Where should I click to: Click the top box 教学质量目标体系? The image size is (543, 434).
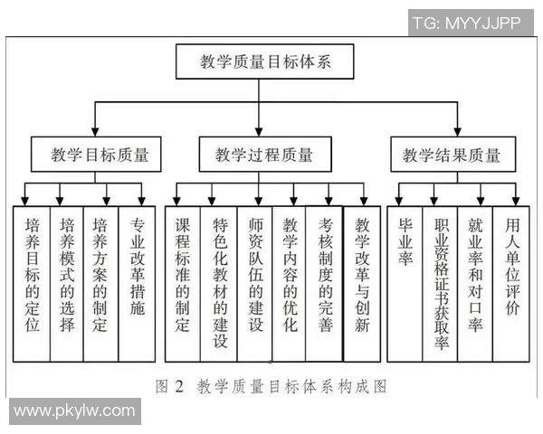pyautogui.click(x=265, y=63)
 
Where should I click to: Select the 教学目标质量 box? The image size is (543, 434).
pyautogui.click(x=95, y=155)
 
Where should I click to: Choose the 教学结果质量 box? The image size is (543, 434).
pyautogui.click(x=451, y=155)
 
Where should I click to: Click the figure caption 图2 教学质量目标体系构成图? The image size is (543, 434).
pyautogui.click(x=271, y=386)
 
